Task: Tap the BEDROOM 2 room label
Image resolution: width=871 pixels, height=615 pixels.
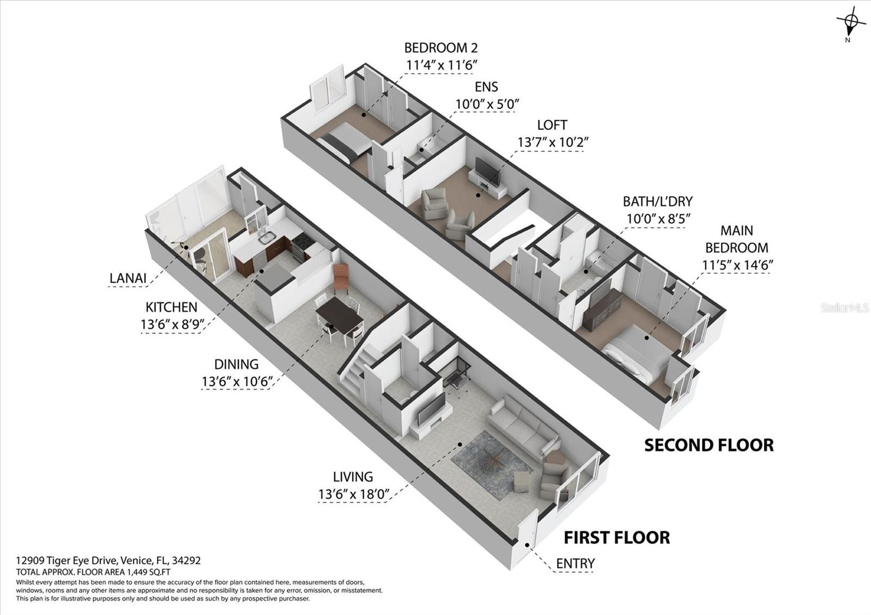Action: (441, 48)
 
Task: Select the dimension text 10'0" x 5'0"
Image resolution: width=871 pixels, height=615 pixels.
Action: (488, 104)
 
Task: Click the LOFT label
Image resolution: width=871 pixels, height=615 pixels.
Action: (552, 125)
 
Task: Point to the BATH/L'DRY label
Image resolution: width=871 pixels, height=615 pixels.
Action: (658, 201)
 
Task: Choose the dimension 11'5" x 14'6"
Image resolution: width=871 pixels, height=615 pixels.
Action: (737, 265)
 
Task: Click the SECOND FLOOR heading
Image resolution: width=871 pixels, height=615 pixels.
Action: (709, 445)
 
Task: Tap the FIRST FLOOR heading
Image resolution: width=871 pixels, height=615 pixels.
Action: (617, 538)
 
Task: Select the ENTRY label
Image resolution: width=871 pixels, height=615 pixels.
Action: (575, 563)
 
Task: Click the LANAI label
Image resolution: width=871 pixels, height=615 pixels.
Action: (128, 278)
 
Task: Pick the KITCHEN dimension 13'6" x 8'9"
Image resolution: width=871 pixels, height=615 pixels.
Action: (172, 324)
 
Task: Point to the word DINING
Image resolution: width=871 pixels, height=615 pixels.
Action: (236, 364)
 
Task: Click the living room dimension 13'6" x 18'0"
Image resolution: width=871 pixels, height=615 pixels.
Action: (354, 495)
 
